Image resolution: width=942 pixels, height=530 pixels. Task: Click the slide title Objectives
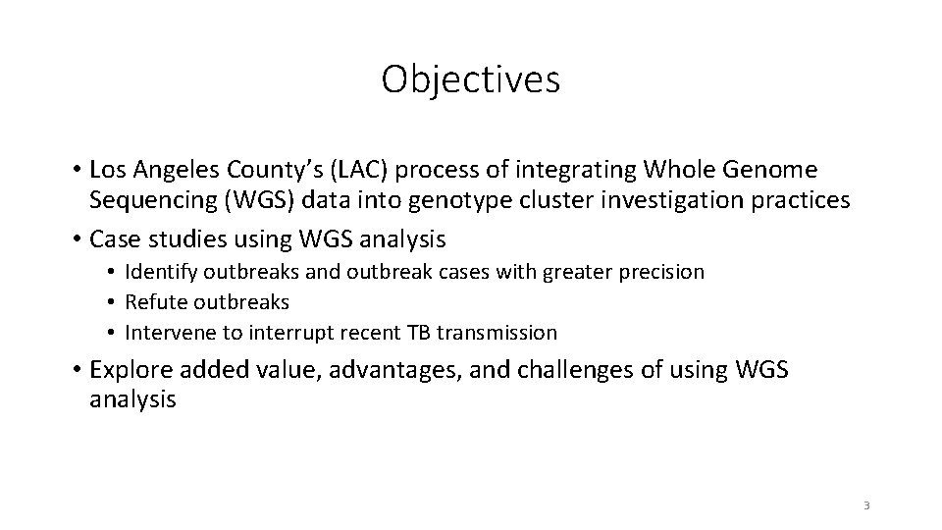(471, 79)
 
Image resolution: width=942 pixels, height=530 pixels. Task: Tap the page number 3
(866, 505)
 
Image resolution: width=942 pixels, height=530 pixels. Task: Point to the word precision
(660, 272)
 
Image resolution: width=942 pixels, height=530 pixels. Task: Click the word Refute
(153, 302)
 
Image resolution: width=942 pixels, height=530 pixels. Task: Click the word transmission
(497, 333)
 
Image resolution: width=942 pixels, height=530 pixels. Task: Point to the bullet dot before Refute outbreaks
(114, 302)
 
